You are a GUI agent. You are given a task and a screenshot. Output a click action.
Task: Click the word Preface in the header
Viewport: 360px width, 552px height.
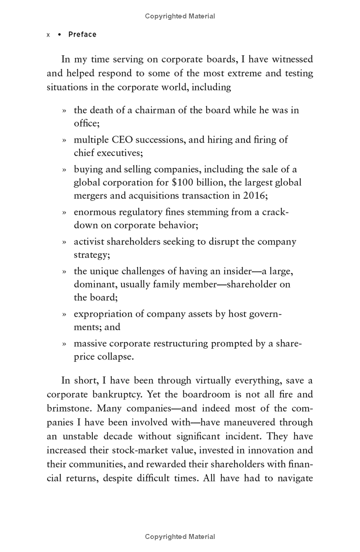click(x=82, y=35)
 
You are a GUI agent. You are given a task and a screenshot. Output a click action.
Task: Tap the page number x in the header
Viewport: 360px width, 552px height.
click(x=48, y=35)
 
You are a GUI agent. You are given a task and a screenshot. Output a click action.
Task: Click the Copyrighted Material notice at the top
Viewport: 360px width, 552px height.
click(x=180, y=16)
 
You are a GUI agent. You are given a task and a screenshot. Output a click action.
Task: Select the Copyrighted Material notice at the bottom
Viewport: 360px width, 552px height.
click(x=180, y=536)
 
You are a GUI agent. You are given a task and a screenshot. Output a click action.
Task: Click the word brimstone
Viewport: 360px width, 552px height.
click(x=69, y=409)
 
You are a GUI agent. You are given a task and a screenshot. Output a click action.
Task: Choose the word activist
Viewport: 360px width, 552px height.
click(x=89, y=242)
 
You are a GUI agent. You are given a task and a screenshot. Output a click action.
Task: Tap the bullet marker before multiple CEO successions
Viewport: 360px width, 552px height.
click(x=64, y=140)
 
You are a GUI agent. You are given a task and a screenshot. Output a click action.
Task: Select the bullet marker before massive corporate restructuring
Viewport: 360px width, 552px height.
click(x=64, y=344)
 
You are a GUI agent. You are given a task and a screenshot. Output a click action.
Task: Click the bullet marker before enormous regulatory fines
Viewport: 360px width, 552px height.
click(x=64, y=213)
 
